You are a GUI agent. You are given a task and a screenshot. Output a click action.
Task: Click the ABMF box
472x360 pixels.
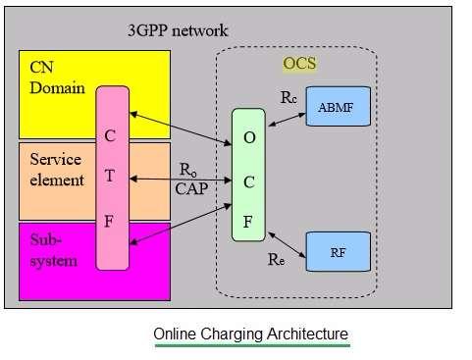pyautogui.click(x=339, y=106)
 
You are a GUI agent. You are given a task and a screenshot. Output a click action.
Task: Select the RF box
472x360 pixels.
pyautogui.click(x=339, y=251)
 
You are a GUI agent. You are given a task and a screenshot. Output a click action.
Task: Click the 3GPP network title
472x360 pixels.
pyautogui.click(x=178, y=30)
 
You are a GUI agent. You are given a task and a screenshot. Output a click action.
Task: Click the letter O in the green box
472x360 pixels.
pyautogui.click(x=249, y=137)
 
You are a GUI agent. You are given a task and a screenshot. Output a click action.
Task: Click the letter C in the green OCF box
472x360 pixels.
pyautogui.click(x=249, y=179)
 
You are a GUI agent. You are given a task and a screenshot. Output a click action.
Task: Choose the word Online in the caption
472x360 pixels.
pyautogui.click(x=176, y=334)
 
